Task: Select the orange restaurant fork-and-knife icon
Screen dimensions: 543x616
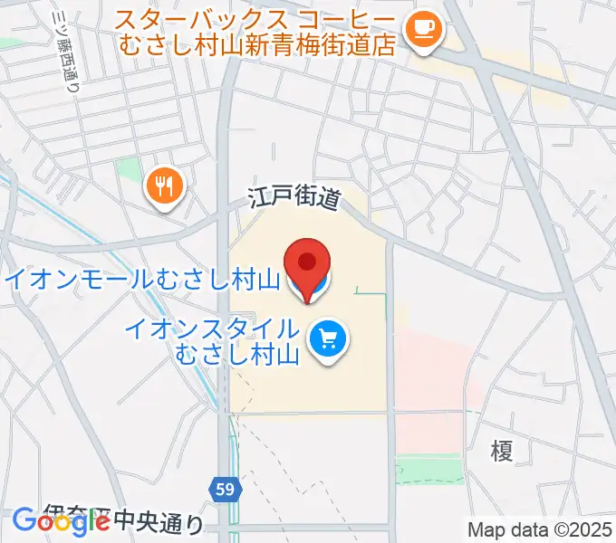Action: [x=164, y=186]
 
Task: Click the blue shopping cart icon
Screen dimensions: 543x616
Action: [x=326, y=340]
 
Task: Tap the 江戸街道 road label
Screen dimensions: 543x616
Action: [x=294, y=199]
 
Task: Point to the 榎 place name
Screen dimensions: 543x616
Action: [x=501, y=450]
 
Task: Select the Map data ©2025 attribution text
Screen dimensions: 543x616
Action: [x=540, y=529]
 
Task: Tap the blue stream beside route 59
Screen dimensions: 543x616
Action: [x=217, y=380]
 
